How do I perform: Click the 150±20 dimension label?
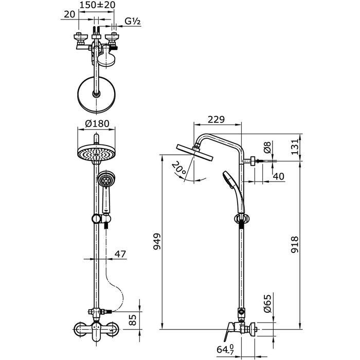(x=97, y=5)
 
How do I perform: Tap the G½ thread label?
(x=133, y=22)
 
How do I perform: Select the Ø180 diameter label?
(x=97, y=123)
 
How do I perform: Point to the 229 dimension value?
(x=217, y=119)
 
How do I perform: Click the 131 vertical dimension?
(x=295, y=147)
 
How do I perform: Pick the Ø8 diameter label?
(x=267, y=147)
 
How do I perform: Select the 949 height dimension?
(x=157, y=242)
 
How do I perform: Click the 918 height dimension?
(x=295, y=244)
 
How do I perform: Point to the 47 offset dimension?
(x=120, y=254)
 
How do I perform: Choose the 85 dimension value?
(x=133, y=320)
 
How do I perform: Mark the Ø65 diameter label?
(x=267, y=303)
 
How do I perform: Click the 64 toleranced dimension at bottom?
(x=225, y=349)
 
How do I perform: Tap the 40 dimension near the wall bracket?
(x=279, y=176)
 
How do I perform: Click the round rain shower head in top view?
(x=97, y=94)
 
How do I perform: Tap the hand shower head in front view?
(x=105, y=180)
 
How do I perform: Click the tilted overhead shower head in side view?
(x=195, y=152)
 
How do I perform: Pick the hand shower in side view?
(x=233, y=192)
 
